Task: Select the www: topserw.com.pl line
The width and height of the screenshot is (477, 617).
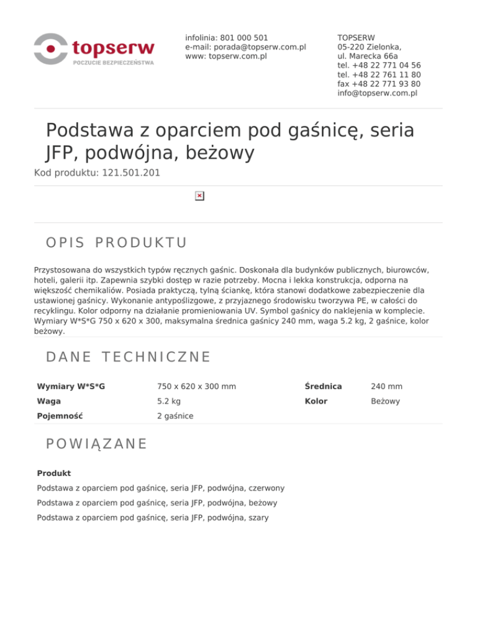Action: [x=225, y=56]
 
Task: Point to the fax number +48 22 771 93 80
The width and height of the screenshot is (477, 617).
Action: [x=378, y=84]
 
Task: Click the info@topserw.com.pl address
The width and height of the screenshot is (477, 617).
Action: [x=377, y=93]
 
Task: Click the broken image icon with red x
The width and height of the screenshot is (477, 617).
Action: [x=199, y=196]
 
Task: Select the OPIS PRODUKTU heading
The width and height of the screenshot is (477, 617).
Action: [x=117, y=241]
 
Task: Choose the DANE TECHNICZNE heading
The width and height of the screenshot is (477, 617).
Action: [x=129, y=357]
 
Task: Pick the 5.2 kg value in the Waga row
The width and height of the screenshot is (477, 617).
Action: [x=170, y=402]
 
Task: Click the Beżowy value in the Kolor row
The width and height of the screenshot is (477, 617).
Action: [x=385, y=402]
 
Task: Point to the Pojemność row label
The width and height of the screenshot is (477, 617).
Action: [x=60, y=417]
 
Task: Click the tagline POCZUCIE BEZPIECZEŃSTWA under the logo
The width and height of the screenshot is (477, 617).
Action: [x=114, y=63]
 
